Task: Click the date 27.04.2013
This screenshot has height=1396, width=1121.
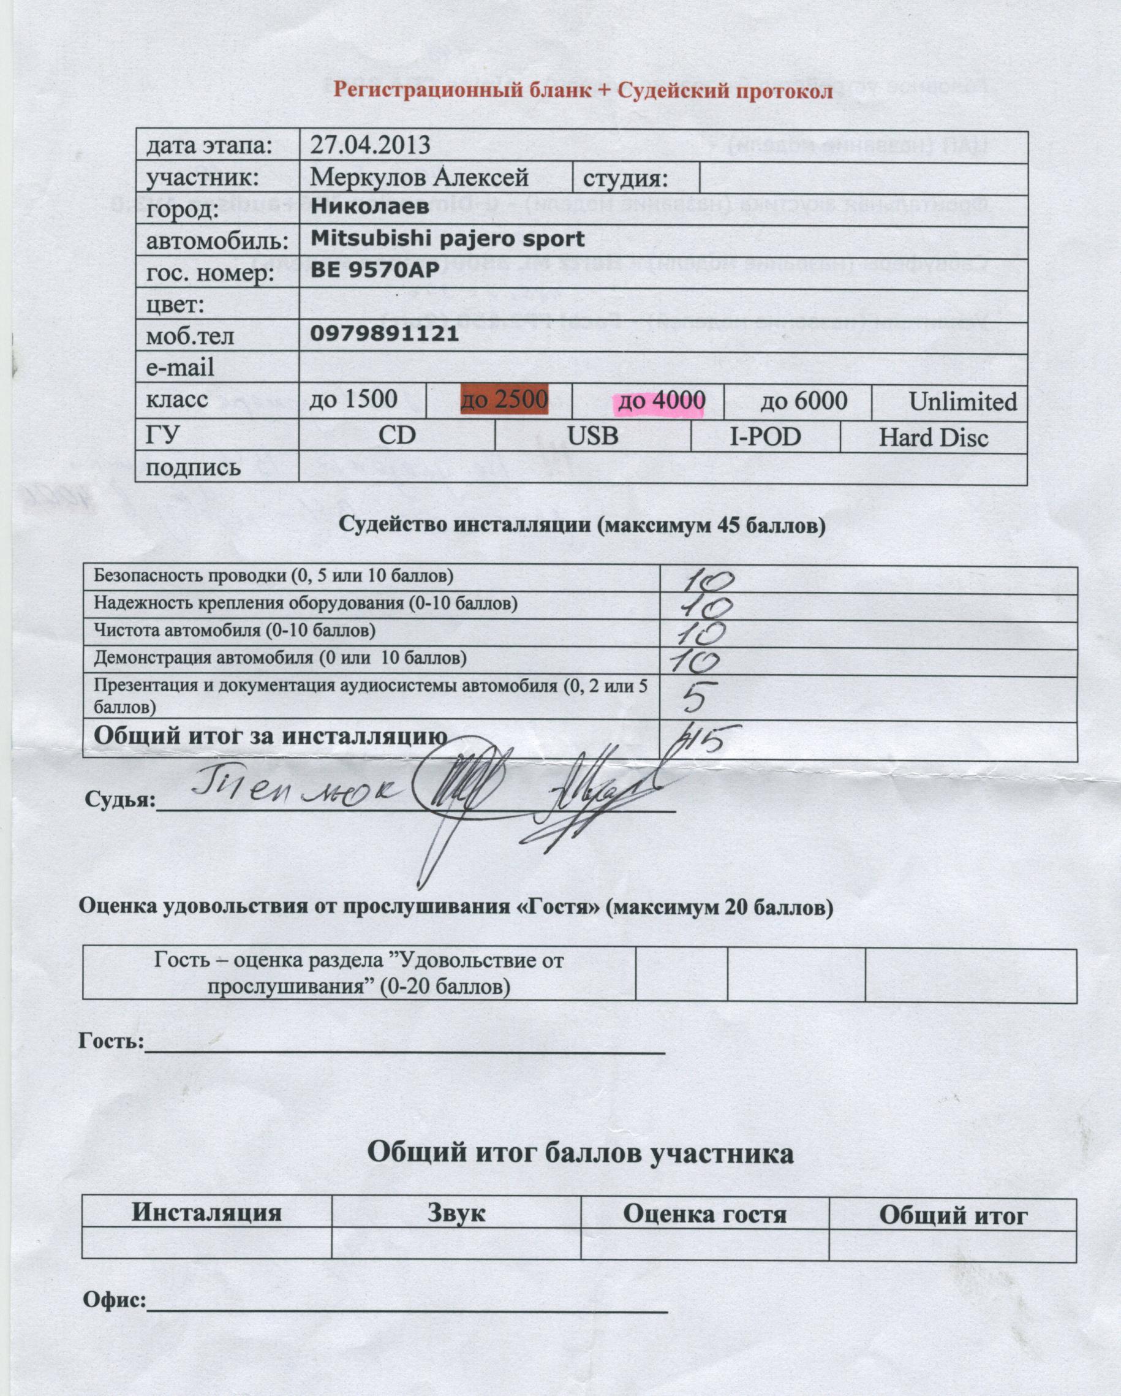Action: tap(370, 145)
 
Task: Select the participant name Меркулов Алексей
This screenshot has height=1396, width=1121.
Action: tap(420, 178)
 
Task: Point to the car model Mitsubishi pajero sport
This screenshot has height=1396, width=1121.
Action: tap(447, 239)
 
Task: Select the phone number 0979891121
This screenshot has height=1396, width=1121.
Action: tap(385, 334)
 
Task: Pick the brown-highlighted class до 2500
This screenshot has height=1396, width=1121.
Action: tap(504, 400)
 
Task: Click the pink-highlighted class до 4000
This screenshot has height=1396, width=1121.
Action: tap(661, 401)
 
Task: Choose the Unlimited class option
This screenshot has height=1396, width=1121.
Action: tap(962, 402)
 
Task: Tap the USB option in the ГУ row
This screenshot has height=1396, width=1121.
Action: tap(592, 436)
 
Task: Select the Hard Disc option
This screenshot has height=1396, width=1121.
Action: tap(933, 438)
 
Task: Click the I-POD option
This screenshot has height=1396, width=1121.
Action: tap(765, 437)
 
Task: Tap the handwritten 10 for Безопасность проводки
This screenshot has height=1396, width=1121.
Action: tap(708, 581)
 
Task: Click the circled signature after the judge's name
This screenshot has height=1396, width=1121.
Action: tap(461, 786)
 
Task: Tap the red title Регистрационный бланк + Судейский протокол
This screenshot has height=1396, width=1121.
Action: tap(583, 91)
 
